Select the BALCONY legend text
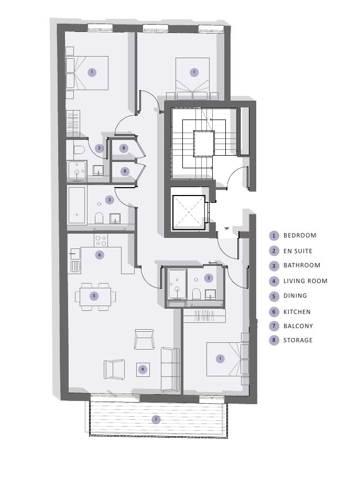(298, 326)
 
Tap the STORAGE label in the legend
(298, 340)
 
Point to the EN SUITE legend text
(298, 251)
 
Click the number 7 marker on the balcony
(156, 420)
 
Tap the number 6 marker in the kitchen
(100, 255)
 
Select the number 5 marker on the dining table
(94, 296)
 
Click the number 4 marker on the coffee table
(143, 370)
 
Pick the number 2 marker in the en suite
(99, 148)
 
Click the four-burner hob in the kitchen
(101, 241)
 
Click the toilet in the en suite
(79, 150)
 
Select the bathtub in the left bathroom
(77, 205)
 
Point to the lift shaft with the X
(189, 212)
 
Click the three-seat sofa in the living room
(170, 370)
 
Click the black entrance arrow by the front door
(226, 228)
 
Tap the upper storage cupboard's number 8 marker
(124, 148)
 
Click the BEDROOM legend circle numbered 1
(274, 235)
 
